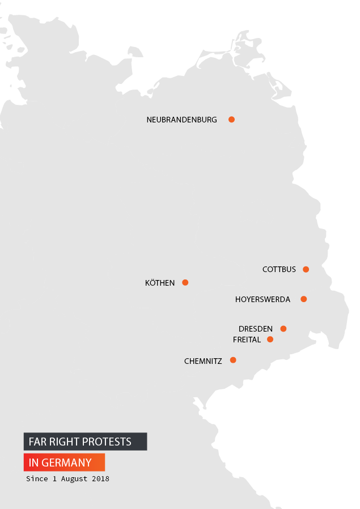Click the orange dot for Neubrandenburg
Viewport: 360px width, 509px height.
231,120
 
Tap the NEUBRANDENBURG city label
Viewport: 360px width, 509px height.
181,120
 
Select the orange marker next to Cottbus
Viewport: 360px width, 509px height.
306,269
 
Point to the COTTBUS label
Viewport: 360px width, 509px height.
279,269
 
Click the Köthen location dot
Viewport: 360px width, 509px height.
185,282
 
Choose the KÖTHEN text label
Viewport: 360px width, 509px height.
160,283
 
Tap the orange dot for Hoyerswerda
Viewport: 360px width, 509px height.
304,299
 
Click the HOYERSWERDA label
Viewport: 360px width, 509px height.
262,299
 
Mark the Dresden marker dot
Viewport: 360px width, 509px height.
283,329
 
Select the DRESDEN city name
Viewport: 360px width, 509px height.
256,329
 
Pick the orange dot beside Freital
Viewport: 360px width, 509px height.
270,340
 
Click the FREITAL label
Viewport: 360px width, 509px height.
247,340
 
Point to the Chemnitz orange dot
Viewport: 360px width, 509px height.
233,360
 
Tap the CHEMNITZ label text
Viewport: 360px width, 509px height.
203,360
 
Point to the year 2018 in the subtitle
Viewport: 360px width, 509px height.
100,479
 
